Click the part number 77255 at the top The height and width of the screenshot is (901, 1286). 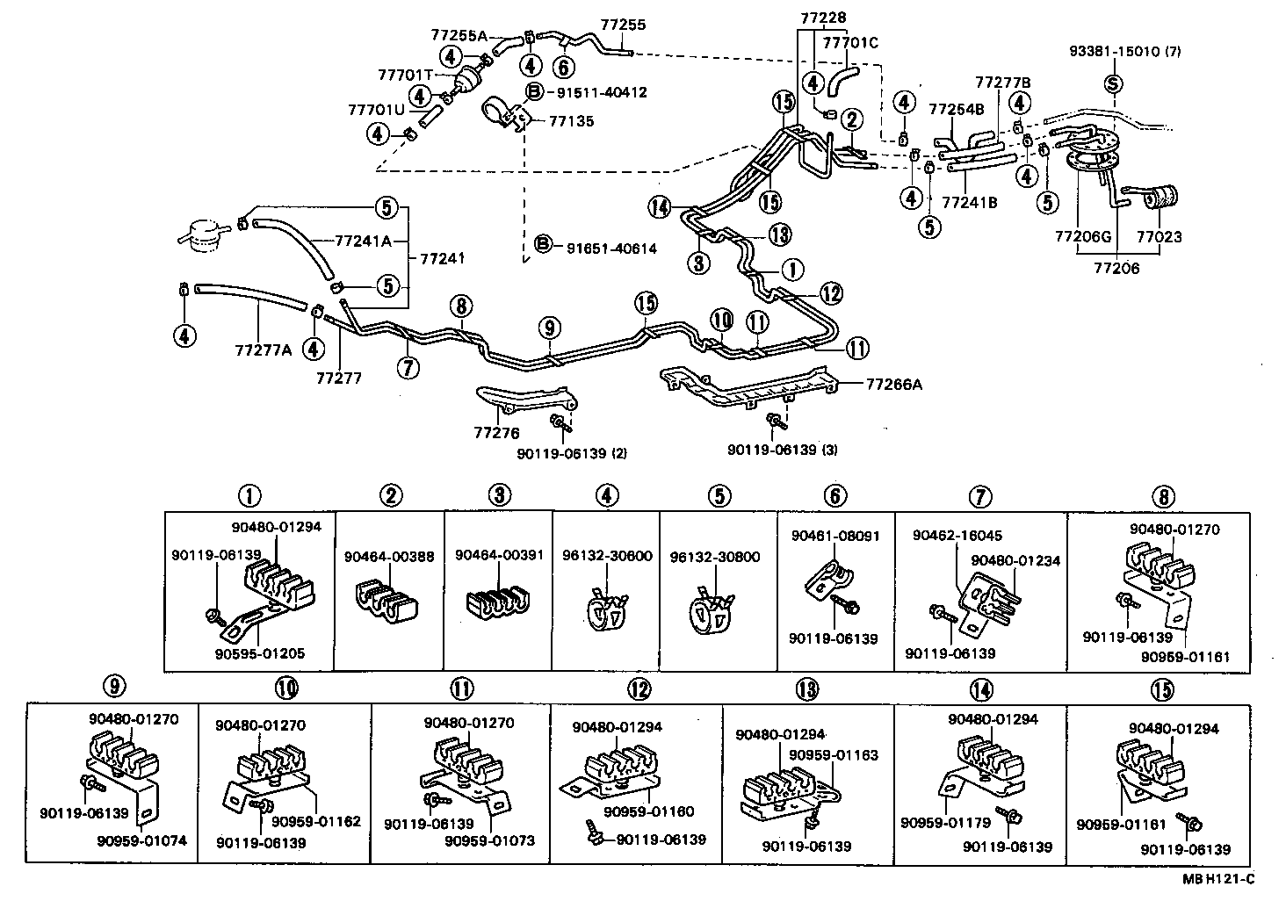coord(623,25)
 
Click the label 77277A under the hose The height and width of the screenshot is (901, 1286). coord(263,350)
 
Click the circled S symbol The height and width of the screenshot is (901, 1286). coord(1113,84)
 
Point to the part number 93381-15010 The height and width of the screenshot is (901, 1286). coord(1124,51)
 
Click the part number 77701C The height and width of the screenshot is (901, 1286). coord(850,40)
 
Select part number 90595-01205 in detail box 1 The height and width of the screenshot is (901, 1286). coord(261,653)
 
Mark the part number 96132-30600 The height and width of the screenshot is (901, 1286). coord(607,557)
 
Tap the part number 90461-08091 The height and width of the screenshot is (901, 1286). coord(834,536)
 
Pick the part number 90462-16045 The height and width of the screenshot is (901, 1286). coord(957,536)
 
